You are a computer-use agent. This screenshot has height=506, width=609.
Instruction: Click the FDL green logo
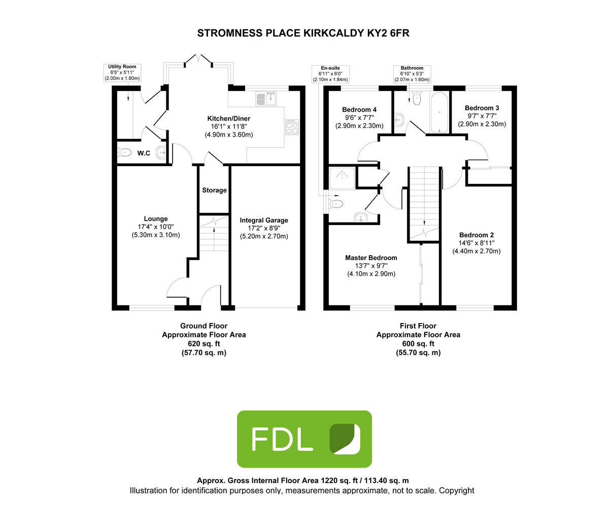tap(304, 439)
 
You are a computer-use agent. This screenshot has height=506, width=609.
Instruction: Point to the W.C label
tap(144, 153)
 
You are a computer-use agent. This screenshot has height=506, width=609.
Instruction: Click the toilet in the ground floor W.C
tap(125, 152)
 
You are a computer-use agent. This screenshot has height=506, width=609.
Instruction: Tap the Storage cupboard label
tap(214, 191)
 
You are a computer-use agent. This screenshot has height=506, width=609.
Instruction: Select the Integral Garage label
tap(264, 220)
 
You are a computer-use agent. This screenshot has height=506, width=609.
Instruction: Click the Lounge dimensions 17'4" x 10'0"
tap(155, 227)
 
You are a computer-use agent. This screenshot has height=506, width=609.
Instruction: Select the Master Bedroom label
tap(371, 258)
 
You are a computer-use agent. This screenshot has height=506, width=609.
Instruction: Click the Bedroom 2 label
tap(477, 235)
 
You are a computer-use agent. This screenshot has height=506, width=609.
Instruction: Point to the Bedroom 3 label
tap(482, 108)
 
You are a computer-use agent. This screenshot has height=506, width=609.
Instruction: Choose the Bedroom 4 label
tap(359, 110)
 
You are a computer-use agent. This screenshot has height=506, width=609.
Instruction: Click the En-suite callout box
tap(330, 73)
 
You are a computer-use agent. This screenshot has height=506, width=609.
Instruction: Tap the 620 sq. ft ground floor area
tap(204, 343)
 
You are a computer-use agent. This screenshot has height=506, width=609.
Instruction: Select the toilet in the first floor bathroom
tap(417, 100)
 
